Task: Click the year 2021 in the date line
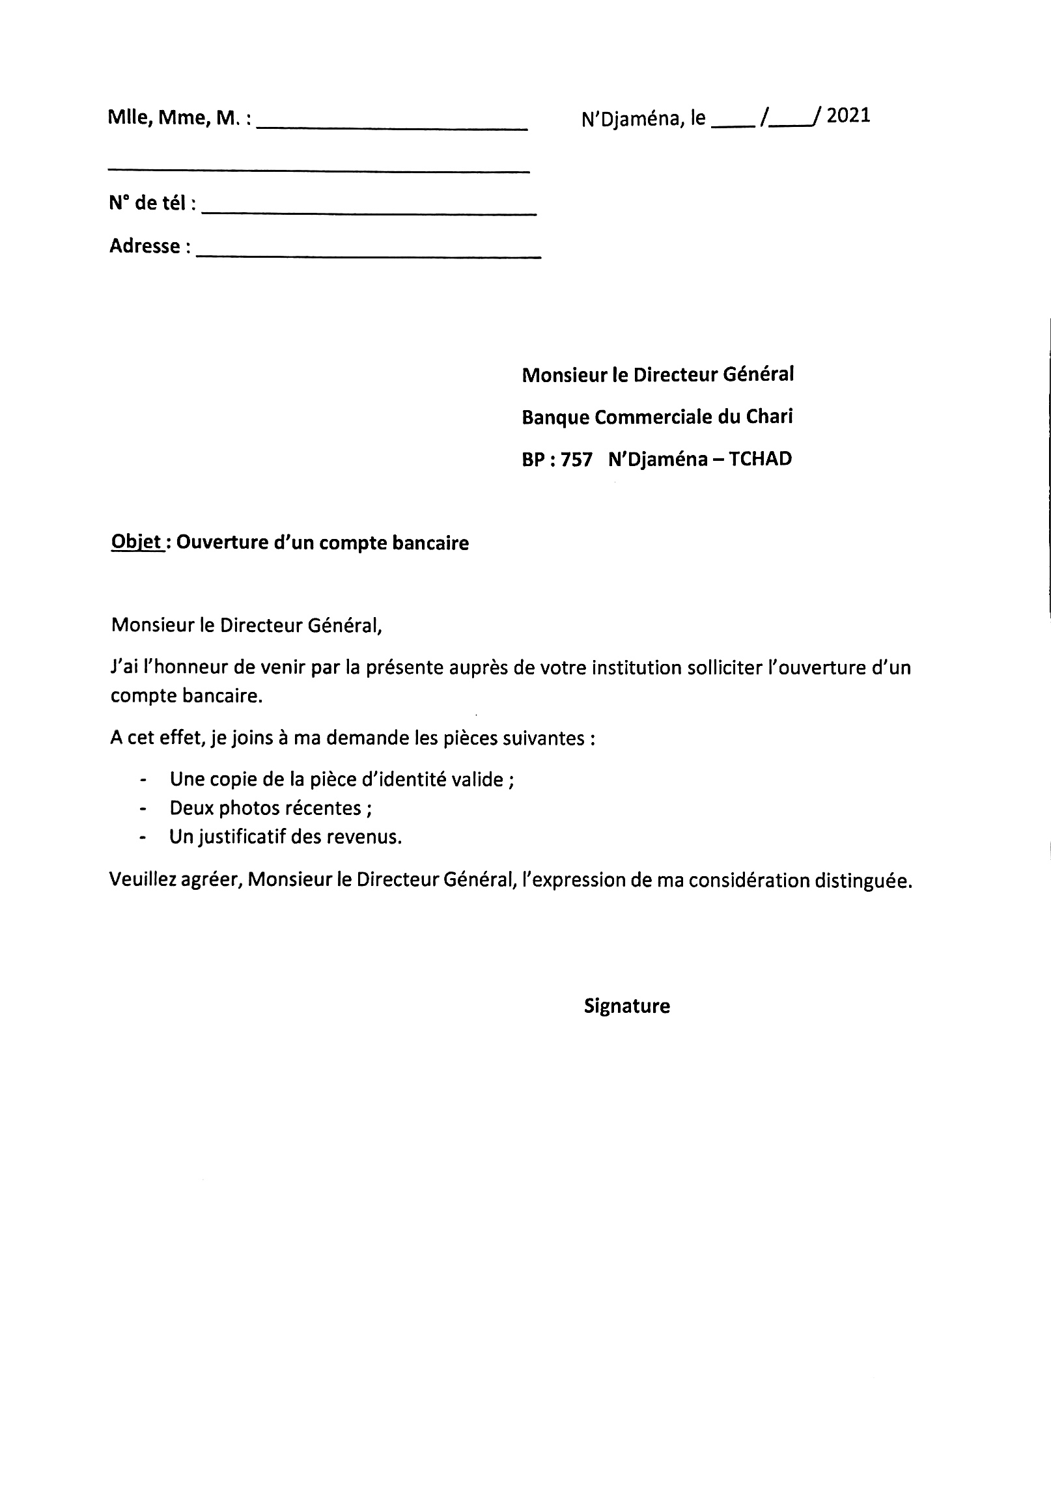coord(848,117)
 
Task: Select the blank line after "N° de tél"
coord(369,212)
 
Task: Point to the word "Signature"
coord(626,1006)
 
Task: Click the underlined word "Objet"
coord(137,542)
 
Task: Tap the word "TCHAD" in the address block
coord(760,459)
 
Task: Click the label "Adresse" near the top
coord(145,246)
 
